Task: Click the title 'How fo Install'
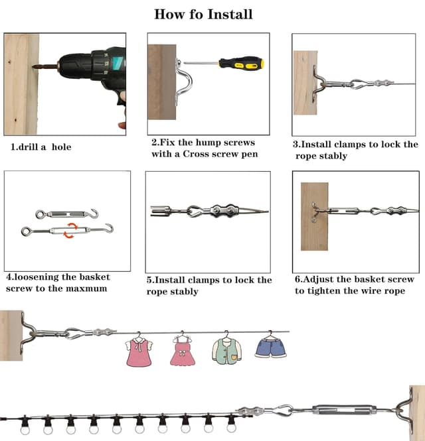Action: point(203,14)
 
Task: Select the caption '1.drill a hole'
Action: point(41,147)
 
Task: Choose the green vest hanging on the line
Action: point(225,349)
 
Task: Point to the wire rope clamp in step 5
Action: point(221,212)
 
